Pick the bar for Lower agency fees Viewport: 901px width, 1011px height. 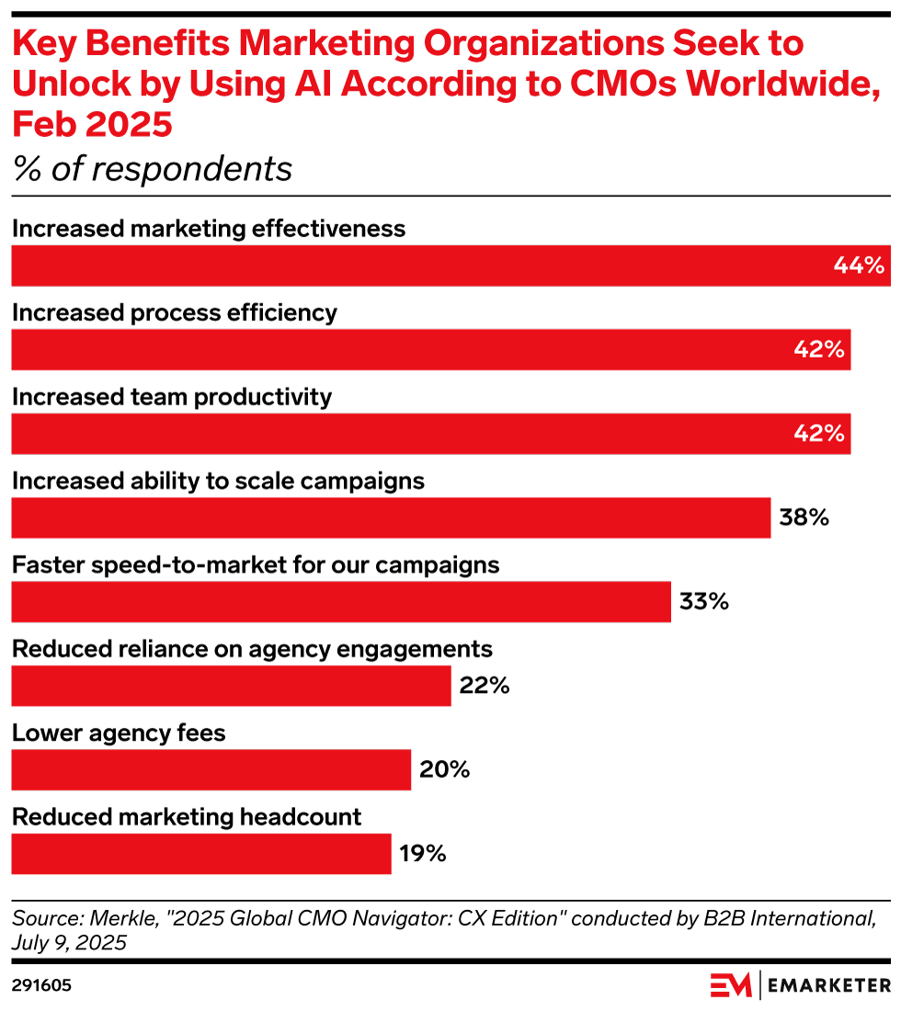pos(211,769)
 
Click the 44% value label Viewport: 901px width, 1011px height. pos(859,266)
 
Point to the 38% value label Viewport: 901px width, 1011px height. pos(804,517)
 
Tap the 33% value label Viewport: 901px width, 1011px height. pos(704,602)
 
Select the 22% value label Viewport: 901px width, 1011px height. pos(485,686)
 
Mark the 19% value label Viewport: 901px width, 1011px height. pos(423,854)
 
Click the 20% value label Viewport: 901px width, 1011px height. pos(444,769)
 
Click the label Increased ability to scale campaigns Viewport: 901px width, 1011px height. pos(218,481)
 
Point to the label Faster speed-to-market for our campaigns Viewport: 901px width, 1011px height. pos(256,564)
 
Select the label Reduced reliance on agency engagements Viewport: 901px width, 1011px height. pos(252,649)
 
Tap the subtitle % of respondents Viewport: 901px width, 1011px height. pos(152,169)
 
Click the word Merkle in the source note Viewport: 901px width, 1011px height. pos(106,917)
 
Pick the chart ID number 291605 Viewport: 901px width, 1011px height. pos(41,986)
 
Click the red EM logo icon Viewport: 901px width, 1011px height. pos(731,985)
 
